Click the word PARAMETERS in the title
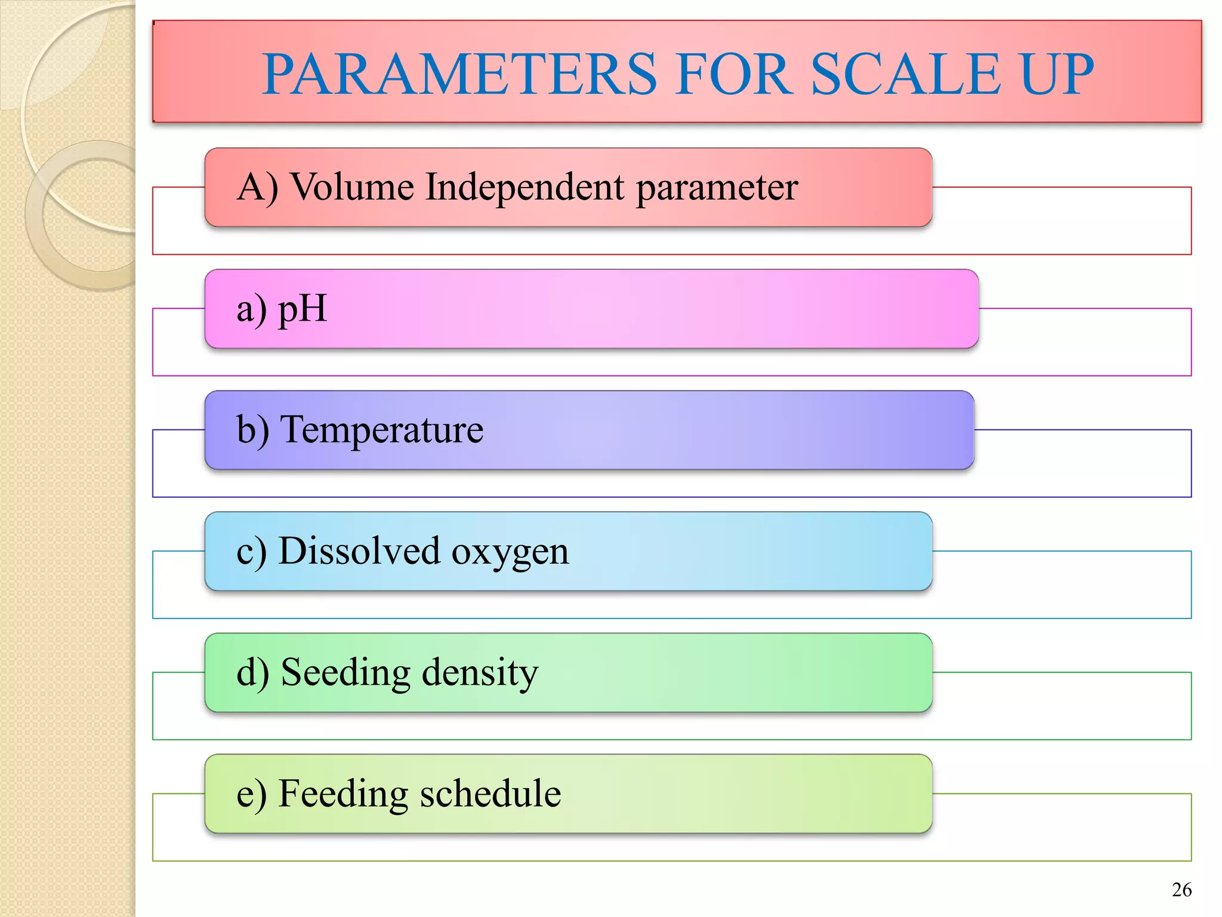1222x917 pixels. (459, 74)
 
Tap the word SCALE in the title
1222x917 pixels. (905, 74)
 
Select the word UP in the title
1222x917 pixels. (1057, 74)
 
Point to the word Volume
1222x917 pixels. (352, 187)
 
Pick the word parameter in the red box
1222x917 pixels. (717, 188)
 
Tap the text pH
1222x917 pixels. (303, 309)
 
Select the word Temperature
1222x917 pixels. (382, 429)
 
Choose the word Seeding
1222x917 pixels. (345, 673)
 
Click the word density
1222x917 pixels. (480, 673)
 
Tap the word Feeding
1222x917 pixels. (343, 795)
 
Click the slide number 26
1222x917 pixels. (1181, 890)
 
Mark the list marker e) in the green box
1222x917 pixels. (251, 795)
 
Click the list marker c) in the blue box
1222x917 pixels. (251, 552)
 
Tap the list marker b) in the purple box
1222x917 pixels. (252, 429)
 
